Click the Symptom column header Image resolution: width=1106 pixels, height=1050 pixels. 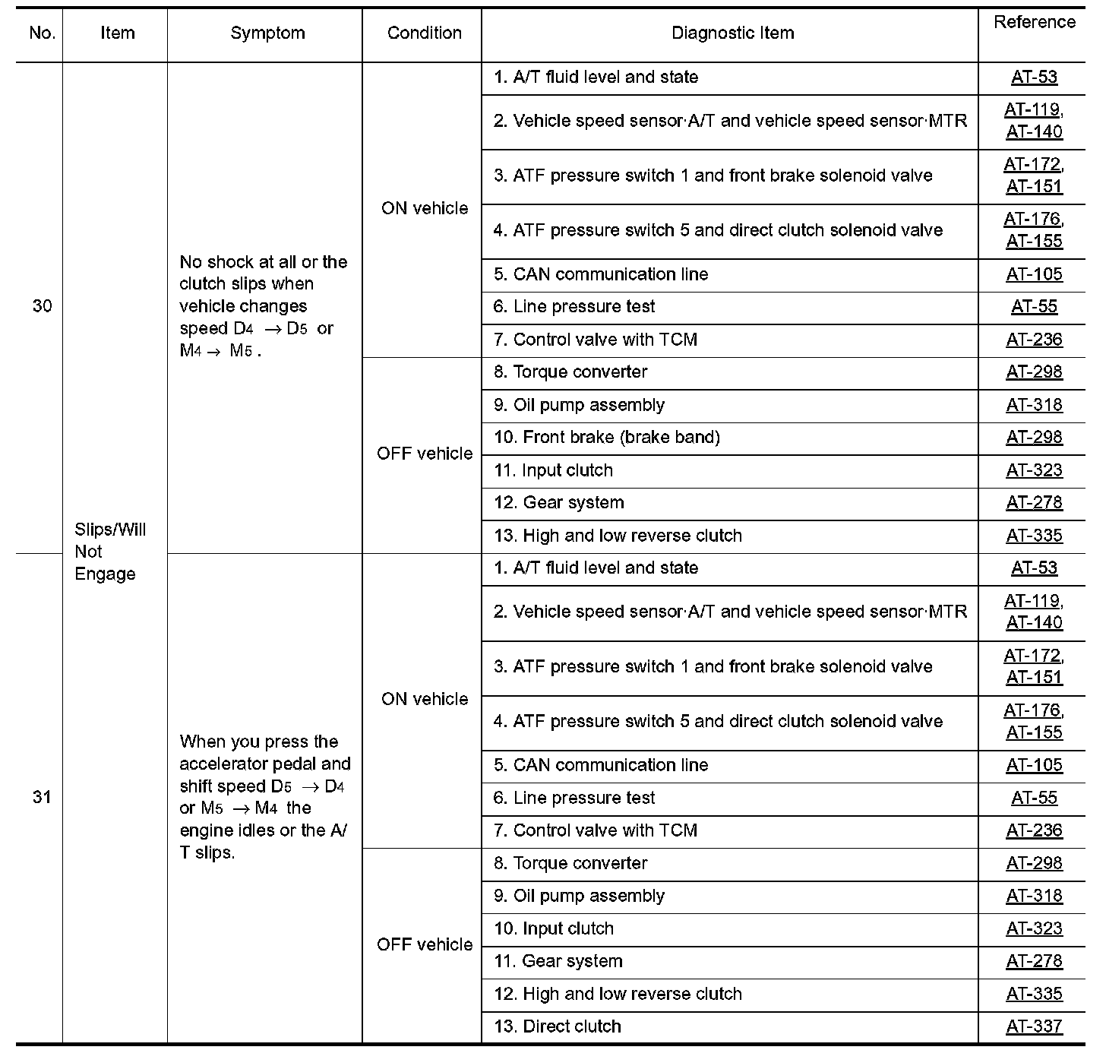click(x=267, y=33)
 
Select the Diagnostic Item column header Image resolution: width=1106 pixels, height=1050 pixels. click(x=732, y=33)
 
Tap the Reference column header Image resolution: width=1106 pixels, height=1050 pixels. click(x=1034, y=23)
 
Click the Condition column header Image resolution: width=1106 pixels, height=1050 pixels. click(x=424, y=33)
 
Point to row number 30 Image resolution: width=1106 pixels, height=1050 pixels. click(x=42, y=306)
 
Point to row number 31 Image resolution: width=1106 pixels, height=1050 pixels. click(x=42, y=797)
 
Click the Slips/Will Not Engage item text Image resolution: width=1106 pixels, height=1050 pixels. click(x=109, y=552)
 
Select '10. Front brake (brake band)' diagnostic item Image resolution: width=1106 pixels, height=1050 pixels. click(x=606, y=438)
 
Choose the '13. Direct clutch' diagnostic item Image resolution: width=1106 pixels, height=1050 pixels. click(x=557, y=1026)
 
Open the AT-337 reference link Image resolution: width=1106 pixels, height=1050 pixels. click(x=1034, y=1026)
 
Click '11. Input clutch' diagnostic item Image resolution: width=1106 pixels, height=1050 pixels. click(x=553, y=470)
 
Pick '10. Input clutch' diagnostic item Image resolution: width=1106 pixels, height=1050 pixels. click(x=553, y=928)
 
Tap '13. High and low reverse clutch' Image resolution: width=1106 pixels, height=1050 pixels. click(x=617, y=536)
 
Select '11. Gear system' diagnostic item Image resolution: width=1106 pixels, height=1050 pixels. click(x=558, y=961)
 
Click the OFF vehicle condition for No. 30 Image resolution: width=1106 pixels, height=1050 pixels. click(x=425, y=454)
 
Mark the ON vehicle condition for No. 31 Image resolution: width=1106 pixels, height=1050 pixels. click(x=425, y=699)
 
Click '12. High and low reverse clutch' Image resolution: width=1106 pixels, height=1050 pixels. click(x=617, y=994)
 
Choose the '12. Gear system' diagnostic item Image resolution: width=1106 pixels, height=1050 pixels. click(x=558, y=503)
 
